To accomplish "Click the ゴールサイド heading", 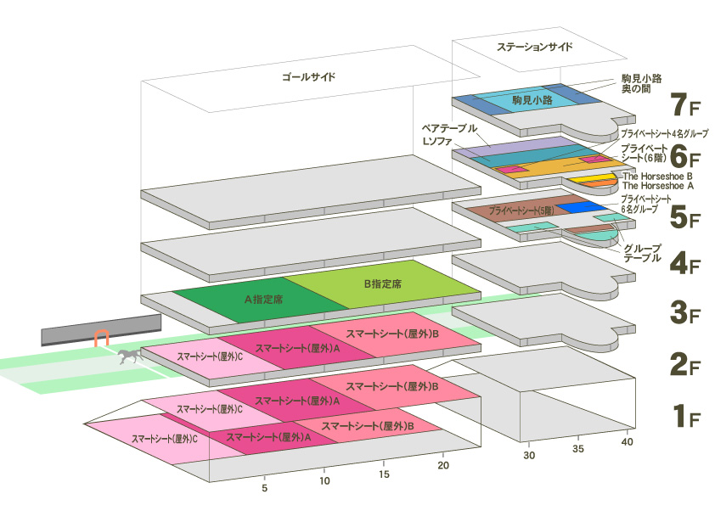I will coord(309,77).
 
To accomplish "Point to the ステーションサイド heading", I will coord(535,48).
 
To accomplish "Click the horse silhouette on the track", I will coord(129,356).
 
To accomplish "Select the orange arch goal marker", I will coord(102,338).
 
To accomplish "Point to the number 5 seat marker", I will coord(265,488).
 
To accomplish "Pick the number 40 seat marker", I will coord(628,442).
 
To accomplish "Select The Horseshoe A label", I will coord(658,184).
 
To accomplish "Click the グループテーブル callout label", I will coord(642,253).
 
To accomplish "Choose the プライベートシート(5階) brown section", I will coord(522,210).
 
